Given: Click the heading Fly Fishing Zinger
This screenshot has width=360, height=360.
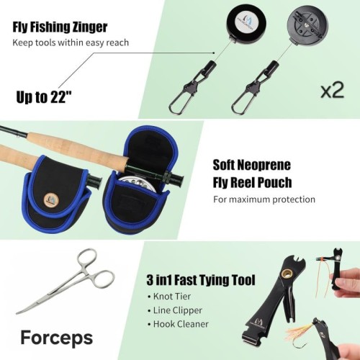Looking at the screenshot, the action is (x=60, y=27).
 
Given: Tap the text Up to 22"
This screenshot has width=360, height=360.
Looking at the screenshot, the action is (x=44, y=97).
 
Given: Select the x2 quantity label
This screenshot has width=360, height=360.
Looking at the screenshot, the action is (x=333, y=91).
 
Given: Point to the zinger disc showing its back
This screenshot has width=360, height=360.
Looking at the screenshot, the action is (x=307, y=25).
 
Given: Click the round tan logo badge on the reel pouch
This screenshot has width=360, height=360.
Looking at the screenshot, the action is (x=51, y=199).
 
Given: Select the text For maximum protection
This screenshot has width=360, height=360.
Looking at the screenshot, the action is (x=264, y=199).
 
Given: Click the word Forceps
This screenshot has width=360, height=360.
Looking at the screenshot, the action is (x=57, y=337).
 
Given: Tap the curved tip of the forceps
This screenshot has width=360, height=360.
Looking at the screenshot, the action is (x=18, y=312).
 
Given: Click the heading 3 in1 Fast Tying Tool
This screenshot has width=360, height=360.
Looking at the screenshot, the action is (x=201, y=280).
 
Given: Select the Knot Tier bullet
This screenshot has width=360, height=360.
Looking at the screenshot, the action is (x=169, y=297).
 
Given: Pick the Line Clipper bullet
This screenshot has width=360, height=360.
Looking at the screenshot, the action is (x=175, y=310).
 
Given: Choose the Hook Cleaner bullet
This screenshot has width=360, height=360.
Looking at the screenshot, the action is (x=178, y=324).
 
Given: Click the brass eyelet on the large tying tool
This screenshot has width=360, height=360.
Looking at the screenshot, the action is (x=288, y=274).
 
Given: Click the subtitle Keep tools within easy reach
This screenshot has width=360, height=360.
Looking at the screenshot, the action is (x=71, y=42).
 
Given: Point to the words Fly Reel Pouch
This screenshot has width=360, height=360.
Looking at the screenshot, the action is (x=252, y=182).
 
